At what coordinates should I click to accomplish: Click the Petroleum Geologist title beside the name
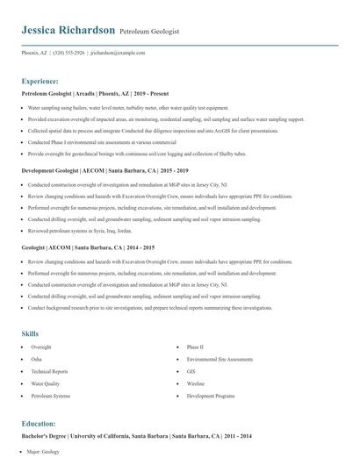148,32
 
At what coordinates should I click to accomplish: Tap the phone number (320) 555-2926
68,53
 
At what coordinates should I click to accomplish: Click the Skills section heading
30,333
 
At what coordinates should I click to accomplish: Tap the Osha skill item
36,360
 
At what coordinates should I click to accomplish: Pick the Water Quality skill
45,384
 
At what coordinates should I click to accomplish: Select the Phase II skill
195,347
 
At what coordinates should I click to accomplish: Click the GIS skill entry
191,372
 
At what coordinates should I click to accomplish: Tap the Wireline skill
195,384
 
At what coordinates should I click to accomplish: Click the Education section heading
40,423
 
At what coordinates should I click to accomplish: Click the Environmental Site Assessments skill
220,360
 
